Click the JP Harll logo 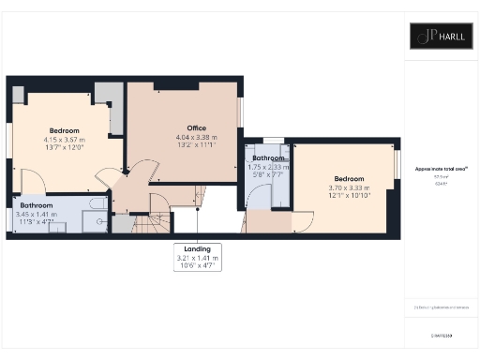pos(441,37)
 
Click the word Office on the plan pos(196,128)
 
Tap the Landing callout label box pos(197,257)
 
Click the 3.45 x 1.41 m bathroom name pos(37,204)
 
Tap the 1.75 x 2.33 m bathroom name pos(267,158)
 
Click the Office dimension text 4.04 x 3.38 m pos(196,138)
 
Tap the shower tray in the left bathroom pos(94,221)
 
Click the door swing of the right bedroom pos(302,221)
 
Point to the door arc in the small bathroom pos(254,196)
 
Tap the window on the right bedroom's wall pos(397,163)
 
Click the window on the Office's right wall pos(240,112)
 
